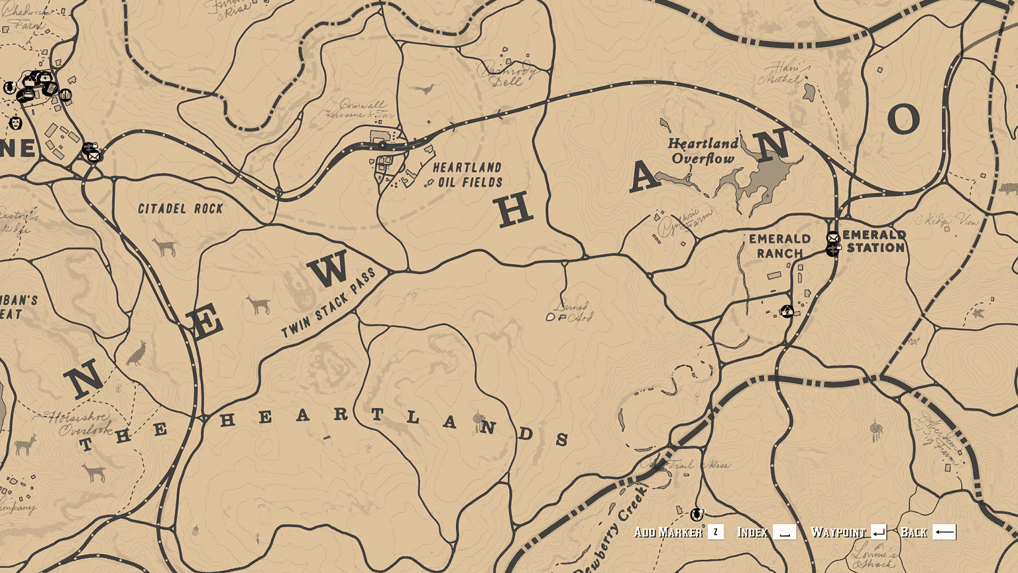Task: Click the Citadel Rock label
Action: click(x=180, y=209)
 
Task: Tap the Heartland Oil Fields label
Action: click(x=468, y=175)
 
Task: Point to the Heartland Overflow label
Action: click(x=703, y=151)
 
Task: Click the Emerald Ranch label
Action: click(x=779, y=246)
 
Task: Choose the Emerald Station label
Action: click(x=875, y=241)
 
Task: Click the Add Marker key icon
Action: click(x=716, y=532)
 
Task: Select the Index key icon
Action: click(x=785, y=532)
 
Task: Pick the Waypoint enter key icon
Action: click(x=879, y=532)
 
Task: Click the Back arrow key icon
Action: click(x=944, y=532)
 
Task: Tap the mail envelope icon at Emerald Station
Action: click(x=833, y=237)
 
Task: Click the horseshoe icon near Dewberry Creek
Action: click(x=696, y=514)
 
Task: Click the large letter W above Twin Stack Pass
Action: click(x=329, y=270)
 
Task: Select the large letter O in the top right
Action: click(x=903, y=119)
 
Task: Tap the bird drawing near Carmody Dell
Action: click(x=424, y=89)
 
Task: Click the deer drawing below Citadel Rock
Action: click(x=164, y=247)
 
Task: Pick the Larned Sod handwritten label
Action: click(x=571, y=312)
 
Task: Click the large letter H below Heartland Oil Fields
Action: click(x=515, y=212)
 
